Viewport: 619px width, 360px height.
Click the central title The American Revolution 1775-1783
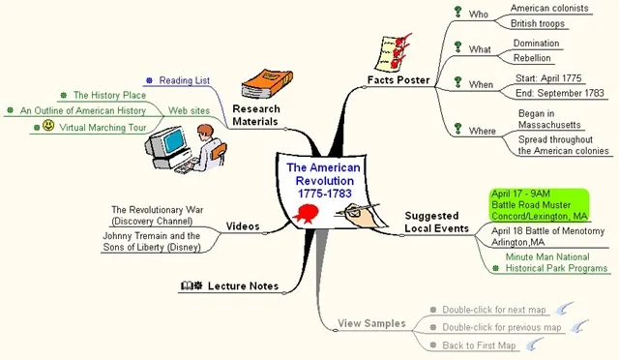[322, 181]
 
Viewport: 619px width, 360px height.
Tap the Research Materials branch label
[256, 114]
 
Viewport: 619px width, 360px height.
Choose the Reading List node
[184, 80]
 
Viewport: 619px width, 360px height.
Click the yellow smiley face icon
[47, 126]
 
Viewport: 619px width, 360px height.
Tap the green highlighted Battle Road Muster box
[540, 205]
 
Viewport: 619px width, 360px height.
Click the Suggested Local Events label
[436, 222]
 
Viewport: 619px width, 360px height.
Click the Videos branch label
[243, 226]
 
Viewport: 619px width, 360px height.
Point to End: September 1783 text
[552, 94]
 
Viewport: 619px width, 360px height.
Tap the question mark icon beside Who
[457, 13]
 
